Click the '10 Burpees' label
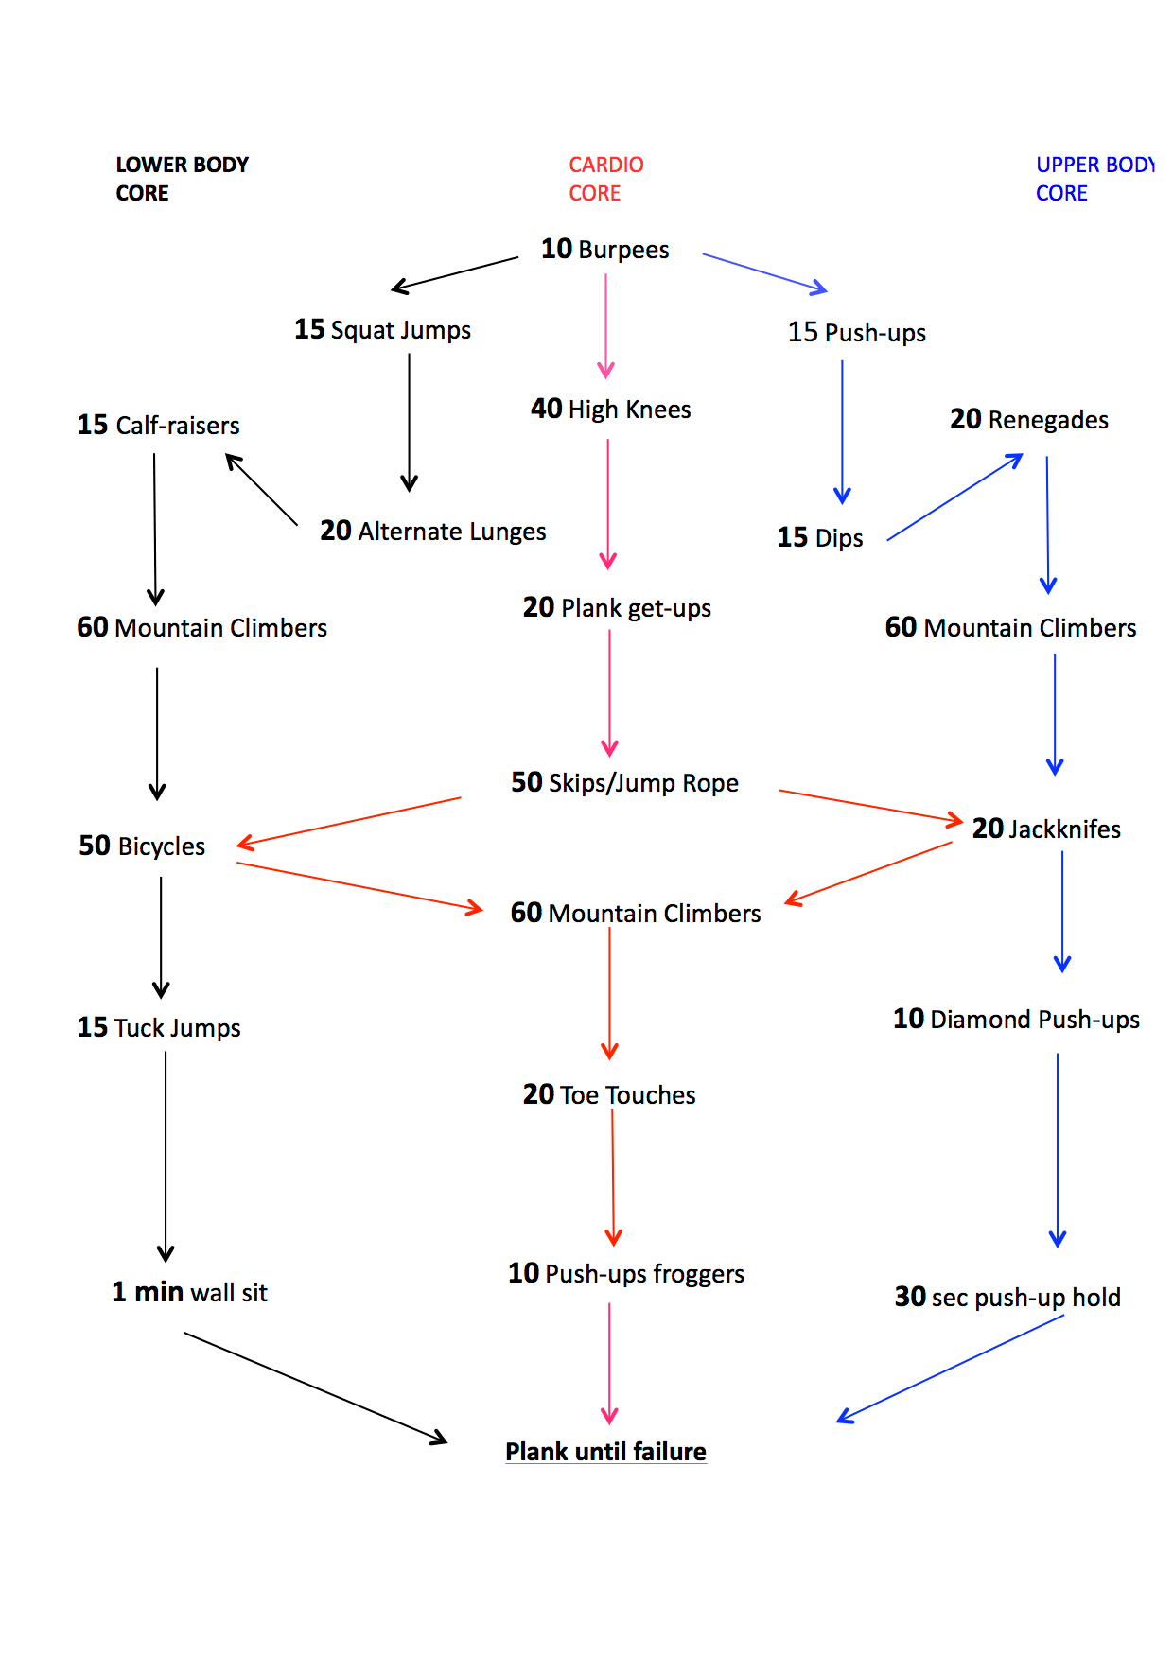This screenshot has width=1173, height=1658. click(604, 250)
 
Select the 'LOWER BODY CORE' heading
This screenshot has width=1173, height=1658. click(182, 179)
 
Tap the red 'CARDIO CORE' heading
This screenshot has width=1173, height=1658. click(605, 179)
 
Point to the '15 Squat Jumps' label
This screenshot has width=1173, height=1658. click(382, 330)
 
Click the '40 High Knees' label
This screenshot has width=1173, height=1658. click(610, 410)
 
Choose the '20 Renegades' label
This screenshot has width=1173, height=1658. click(1029, 420)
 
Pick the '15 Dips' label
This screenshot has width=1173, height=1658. click(820, 538)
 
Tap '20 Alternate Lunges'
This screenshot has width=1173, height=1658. click(432, 532)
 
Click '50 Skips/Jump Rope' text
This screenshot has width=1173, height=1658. click(624, 783)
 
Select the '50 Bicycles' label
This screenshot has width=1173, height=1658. click(142, 846)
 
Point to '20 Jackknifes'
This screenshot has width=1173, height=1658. click(1046, 829)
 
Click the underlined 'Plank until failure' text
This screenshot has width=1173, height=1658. click(605, 1452)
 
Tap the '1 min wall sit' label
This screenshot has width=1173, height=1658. click(189, 1293)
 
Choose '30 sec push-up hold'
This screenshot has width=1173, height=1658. click(1007, 1298)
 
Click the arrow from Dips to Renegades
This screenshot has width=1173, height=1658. click(954, 497)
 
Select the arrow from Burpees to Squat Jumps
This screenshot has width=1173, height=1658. click(455, 272)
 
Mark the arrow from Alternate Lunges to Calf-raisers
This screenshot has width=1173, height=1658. click(261, 489)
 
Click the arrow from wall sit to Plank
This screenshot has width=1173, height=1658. click(315, 1387)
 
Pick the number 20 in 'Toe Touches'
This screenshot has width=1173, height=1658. click(538, 1094)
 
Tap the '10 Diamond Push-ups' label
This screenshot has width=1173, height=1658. click(1016, 1020)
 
